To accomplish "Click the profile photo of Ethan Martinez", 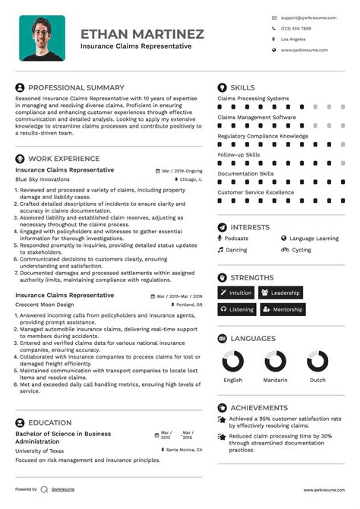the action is [42, 38].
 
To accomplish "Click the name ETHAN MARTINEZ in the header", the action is [142, 33].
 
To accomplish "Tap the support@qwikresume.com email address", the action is [305, 17].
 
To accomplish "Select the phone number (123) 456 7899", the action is [295, 27].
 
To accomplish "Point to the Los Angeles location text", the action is [293, 39].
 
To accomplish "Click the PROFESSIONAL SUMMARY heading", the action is [76, 88].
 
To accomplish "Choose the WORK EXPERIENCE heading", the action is [64, 159].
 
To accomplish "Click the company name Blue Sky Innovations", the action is [43, 179].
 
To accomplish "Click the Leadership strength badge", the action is [280, 292].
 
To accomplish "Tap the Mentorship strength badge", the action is [282, 309].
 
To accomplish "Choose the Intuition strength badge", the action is [235, 292].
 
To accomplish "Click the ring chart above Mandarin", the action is [276, 362].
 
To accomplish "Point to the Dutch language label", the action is [317, 380].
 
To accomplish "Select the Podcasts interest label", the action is [236, 239].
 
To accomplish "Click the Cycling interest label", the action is [302, 249].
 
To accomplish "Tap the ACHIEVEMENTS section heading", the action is [259, 408].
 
